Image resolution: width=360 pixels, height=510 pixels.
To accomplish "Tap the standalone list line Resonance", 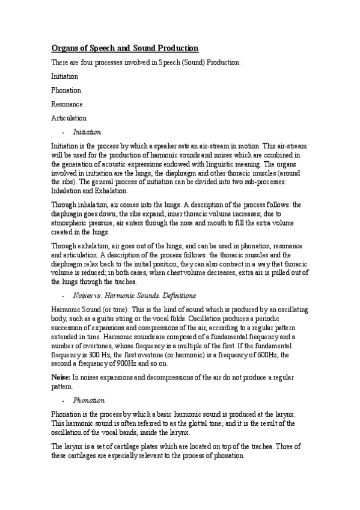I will click(x=67, y=104).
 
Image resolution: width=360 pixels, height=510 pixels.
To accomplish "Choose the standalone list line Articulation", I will click(x=69, y=118).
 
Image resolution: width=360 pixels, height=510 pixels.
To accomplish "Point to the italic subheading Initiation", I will click(x=87, y=132).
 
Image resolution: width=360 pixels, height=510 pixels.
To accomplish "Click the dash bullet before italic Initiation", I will click(x=64, y=132).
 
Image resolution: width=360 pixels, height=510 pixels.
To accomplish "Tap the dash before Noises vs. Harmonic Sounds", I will click(x=64, y=296).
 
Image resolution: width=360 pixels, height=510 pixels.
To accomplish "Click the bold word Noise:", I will click(x=61, y=376).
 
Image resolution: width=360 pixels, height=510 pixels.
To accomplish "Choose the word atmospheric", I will click(x=73, y=221).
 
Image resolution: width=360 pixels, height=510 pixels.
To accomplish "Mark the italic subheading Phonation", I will click(x=89, y=400).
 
